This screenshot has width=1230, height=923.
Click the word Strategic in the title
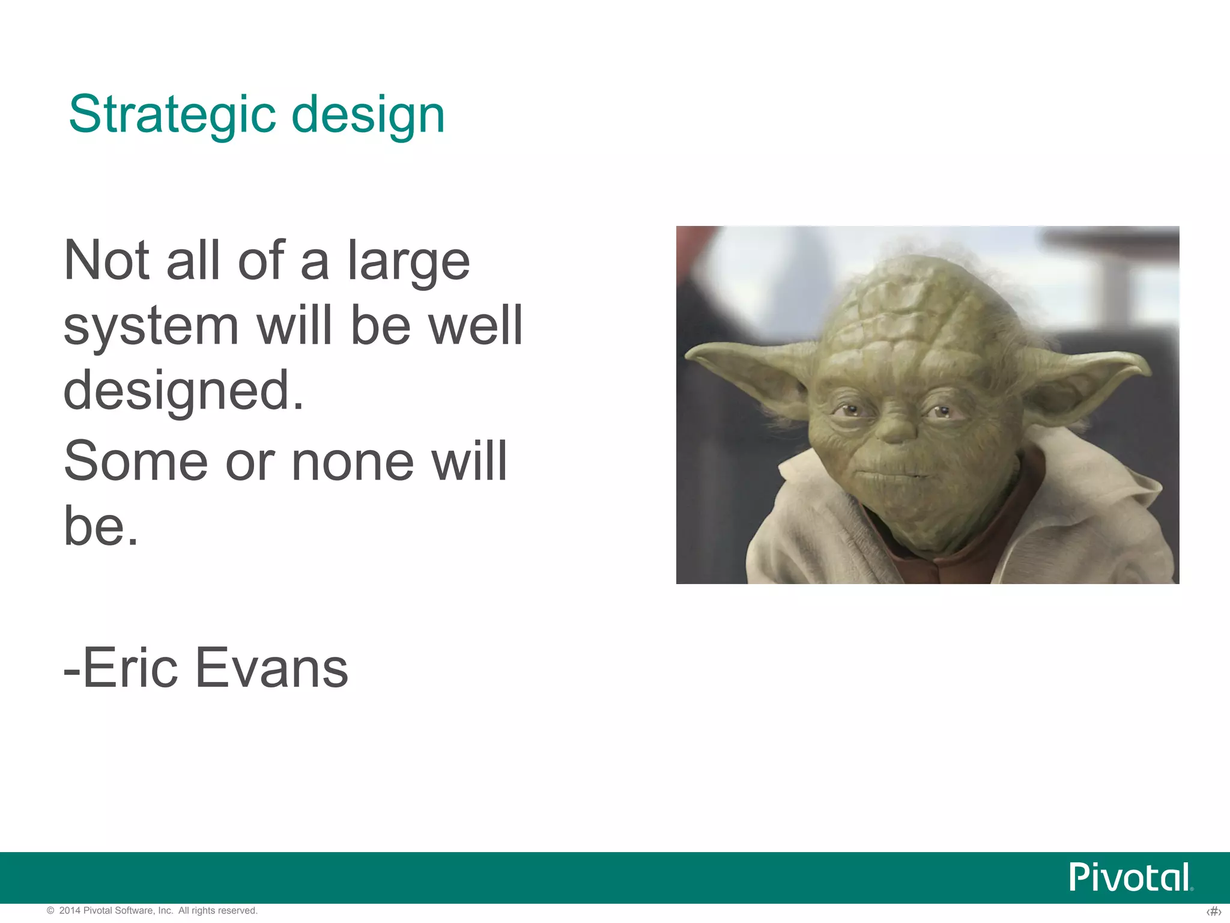[172, 114]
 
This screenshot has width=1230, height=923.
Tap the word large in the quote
[408, 261]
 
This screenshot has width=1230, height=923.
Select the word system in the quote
[151, 327]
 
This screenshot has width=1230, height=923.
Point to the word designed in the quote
[183, 392]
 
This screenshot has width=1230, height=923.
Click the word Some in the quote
[136, 461]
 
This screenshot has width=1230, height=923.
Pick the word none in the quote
[353, 461]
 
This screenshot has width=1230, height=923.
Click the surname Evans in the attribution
[271, 668]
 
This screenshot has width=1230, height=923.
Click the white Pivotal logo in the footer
[1130, 877]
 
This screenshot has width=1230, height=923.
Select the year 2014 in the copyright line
[69, 910]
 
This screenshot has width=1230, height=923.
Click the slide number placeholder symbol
[1213, 912]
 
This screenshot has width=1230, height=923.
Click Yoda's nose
[896, 428]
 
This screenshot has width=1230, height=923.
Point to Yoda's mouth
[890, 475]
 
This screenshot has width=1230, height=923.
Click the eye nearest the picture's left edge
[849, 411]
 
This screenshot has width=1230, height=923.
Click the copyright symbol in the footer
[50, 911]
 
